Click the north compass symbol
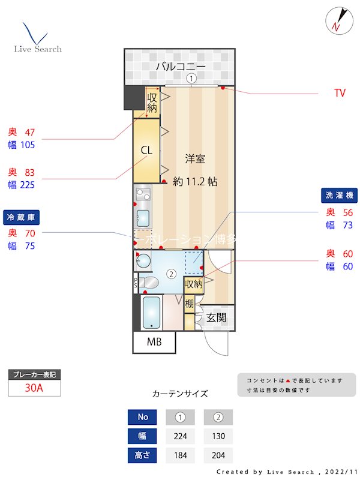click(x=338, y=20)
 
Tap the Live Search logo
click(x=37, y=39)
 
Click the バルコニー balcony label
click(x=180, y=66)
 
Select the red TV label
click(x=340, y=93)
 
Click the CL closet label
click(x=147, y=150)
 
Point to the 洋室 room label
click(x=195, y=159)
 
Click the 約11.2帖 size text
click(x=195, y=181)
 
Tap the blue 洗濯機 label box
click(x=340, y=195)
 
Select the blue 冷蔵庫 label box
click(x=20, y=216)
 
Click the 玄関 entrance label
click(x=216, y=317)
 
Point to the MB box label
click(x=154, y=343)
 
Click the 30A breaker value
click(x=34, y=388)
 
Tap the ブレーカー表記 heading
click(x=34, y=375)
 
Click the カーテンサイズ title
click(x=180, y=394)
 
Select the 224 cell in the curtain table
click(x=180, y=436)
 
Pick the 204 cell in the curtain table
click(x=218, y=455)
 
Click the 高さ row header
click(x=143, y=455)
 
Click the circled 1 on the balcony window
click(x=191, y=78)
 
